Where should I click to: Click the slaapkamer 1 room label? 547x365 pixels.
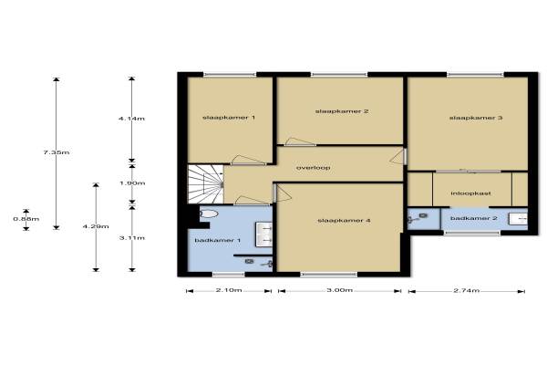pyautogui.click(x=229, y=118)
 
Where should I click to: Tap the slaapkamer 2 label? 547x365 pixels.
pyautogui.click(x=342, y=111)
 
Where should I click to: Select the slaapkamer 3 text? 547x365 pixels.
pyautogui.click(x=476, y=118)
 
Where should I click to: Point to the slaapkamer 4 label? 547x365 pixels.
pyautogui.click(x=344, y=221)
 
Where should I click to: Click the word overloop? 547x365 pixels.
pyautogui.click(x=314, y=168)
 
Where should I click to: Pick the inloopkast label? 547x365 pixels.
pyautogui.click(x=471, y=193)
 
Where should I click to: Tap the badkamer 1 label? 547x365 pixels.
pyautogui.click(x=217, y=240)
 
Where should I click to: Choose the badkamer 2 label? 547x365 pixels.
pyautogui.click(x=473, y=218)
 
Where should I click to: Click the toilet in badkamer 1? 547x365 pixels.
pyautogui.click(x=209, y=214)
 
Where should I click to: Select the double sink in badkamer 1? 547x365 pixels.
pyautogui.click(x=264, y=235)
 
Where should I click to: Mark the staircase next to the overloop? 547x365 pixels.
pyautogui.click(x=205, y=184)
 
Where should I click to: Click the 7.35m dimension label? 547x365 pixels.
pyautogui.click(x=57, y=152)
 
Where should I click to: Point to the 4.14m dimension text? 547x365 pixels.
pyautogui.click(x=131, y=119)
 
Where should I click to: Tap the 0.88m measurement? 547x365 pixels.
pyautogui.click(x=26, y=219)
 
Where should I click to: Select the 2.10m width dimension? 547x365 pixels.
pyautogui.click(x=229, y=290)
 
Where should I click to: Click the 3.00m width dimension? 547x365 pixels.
pyautogui.click(x=339, y=290)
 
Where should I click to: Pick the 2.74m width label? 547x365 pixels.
pyautogui.click(x=467, y=290)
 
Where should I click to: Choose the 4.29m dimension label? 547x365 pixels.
pyautogui.click(x=96, y=226)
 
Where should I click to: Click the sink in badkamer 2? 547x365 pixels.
pyautogui.click(x=518, y=219)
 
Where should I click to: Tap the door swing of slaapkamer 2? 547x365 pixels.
pyautogui.click(x=300, y=141)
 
